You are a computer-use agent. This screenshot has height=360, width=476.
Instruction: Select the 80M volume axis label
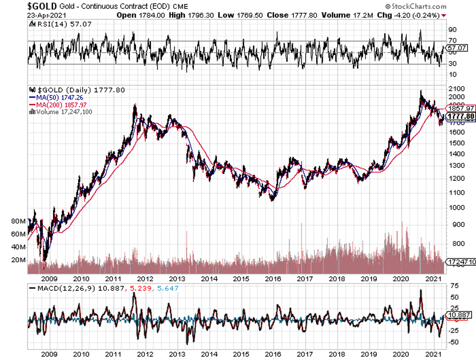pyautogui.click(x=19, y=221)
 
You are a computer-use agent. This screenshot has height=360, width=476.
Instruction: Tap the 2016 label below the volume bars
pyautogui.click(x=273, y=279)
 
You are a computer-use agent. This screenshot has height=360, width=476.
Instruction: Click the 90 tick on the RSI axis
pyautogui.click(x=453, y=29)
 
